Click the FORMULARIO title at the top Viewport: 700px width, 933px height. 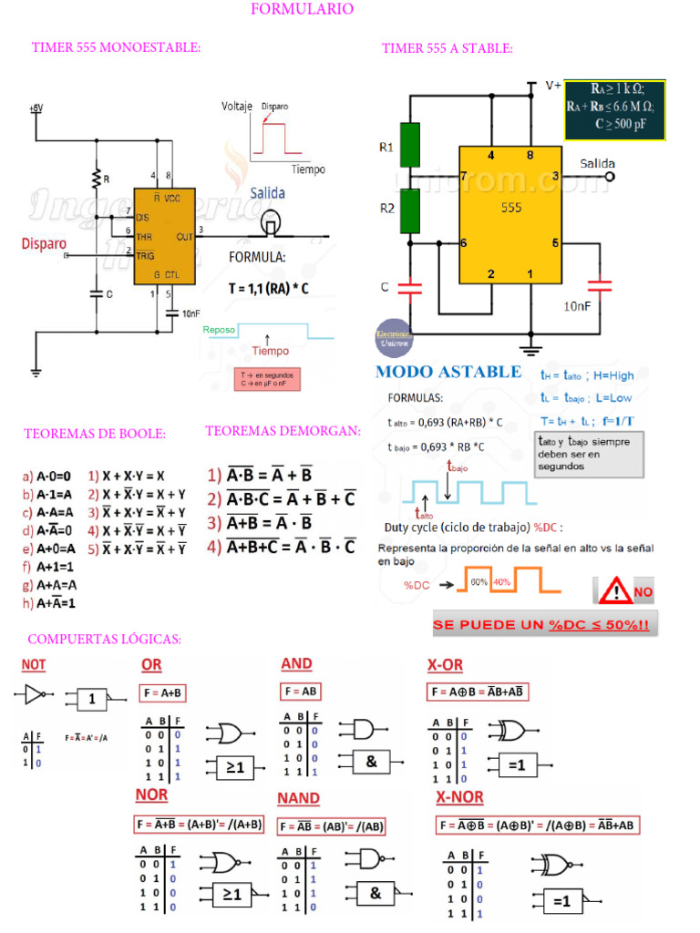302,9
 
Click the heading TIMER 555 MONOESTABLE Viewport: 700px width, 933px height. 116,47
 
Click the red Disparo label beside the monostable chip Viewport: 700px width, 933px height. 45,244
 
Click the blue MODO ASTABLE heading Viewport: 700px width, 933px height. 448,372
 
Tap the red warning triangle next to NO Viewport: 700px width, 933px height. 616,592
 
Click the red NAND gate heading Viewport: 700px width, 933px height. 298,798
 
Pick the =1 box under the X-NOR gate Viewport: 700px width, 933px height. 562,901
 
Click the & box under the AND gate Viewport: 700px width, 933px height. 372,762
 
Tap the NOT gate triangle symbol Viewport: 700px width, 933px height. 33,695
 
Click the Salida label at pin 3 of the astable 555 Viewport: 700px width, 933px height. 597,164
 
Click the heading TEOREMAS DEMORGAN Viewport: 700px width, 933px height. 283,430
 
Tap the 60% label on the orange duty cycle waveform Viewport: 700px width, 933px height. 479,581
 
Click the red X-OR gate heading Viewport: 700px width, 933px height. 445,663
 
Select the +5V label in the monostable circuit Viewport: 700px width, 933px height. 36,108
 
